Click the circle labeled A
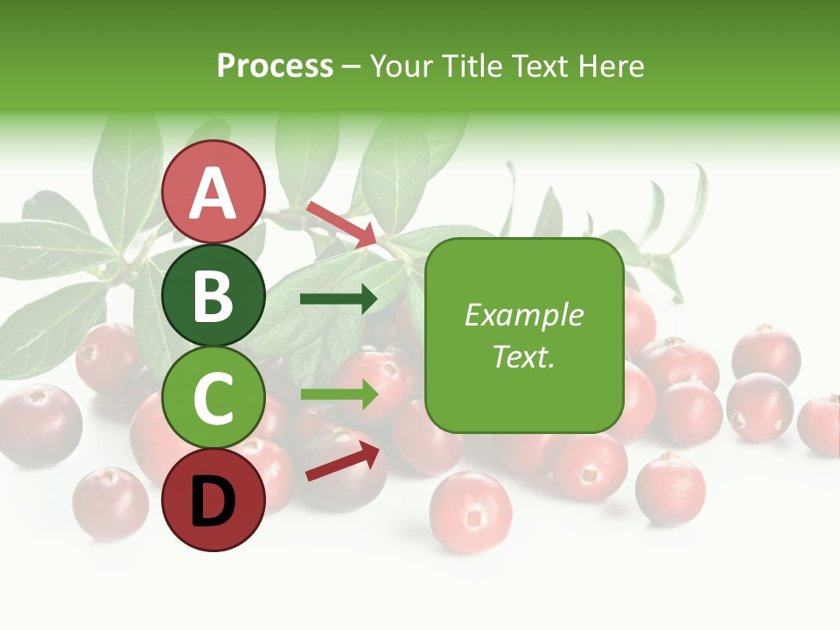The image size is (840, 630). click(213, 191)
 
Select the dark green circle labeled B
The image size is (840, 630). click(213, 295)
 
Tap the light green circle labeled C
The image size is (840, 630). click(213, 396)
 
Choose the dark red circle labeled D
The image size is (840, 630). click(213, 500)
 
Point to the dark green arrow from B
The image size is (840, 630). click(339, 300)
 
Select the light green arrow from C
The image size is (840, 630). click(339, 394)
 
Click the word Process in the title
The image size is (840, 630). click(275, 66)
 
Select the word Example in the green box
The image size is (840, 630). click(524, 315)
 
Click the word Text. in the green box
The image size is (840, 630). click(524, 356)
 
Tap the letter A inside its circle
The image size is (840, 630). click(213, 192)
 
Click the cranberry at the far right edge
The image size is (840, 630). click(821, 424)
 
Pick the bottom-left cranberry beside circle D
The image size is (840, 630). click(110, 503)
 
